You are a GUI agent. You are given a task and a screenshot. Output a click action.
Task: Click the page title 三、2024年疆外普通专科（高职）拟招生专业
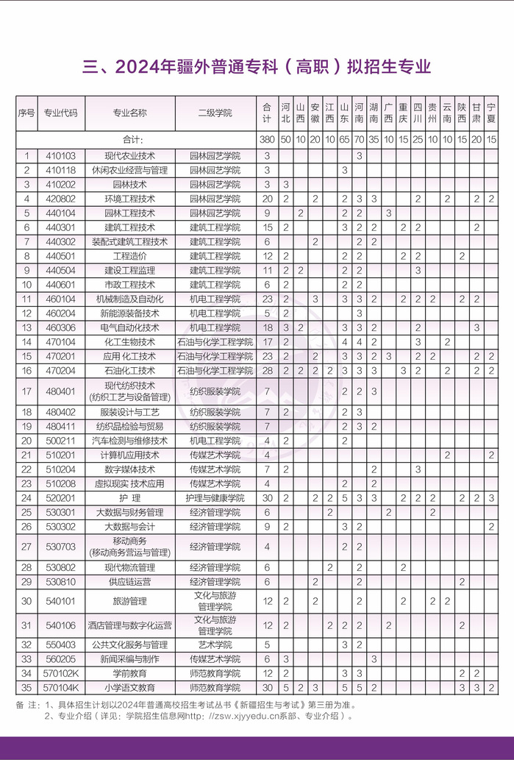257,68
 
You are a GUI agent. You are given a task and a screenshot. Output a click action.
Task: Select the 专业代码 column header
60,113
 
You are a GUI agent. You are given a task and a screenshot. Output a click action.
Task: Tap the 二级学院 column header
215,113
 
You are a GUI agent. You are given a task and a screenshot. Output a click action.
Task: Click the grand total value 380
267,140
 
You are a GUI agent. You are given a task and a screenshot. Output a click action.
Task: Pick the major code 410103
60,156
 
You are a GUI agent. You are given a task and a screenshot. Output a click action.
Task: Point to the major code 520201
60,498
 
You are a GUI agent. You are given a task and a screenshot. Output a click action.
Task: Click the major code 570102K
60,673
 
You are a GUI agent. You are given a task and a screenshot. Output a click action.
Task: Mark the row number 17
26,391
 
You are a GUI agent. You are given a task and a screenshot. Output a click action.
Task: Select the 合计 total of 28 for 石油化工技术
267,370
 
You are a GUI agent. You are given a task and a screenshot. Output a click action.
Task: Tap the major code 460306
60,327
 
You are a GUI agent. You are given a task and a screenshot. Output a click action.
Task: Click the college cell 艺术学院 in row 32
215,644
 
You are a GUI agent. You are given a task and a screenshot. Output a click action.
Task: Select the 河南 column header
359,113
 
